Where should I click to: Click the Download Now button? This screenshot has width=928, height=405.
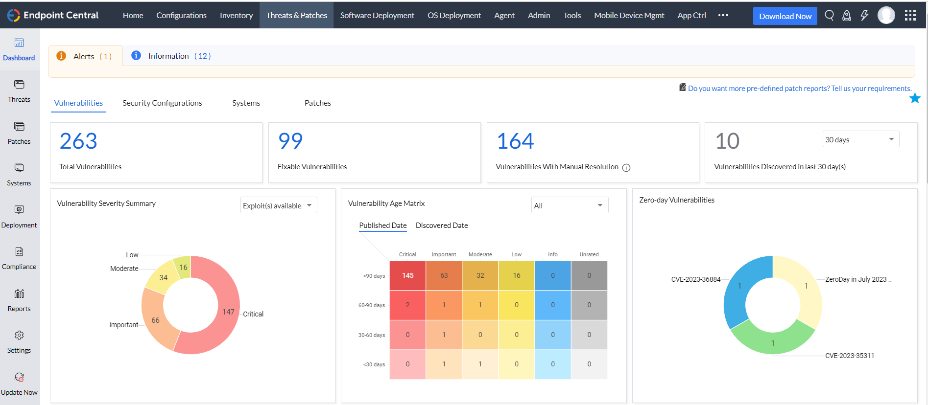click(785, 16)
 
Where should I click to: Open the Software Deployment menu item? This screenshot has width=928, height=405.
click(377, 15)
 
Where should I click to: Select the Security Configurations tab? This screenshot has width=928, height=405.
click(162, 103)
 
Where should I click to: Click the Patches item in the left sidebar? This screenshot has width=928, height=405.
click(19, 133)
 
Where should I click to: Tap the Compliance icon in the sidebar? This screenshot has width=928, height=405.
click(19, 252)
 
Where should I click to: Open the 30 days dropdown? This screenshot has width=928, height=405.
click(860, 139)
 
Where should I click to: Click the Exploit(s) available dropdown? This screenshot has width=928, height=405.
click(278, 205)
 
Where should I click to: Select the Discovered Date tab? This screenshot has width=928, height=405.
click(441, 225)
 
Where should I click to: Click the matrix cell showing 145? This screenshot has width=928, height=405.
click(407, 275)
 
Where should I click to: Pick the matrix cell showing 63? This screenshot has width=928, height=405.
click(444, 275)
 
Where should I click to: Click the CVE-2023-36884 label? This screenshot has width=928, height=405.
click(695, 279)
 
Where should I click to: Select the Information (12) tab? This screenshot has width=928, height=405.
click(171, 56)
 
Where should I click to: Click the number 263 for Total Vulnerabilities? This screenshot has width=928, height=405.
click(78, 141)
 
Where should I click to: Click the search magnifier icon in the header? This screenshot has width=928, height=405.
click(829, 16)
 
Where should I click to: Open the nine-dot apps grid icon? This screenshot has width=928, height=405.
click(910, 16)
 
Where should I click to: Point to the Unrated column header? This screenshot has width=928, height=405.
click(589, 254)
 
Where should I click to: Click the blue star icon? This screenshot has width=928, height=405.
click(914, 98)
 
